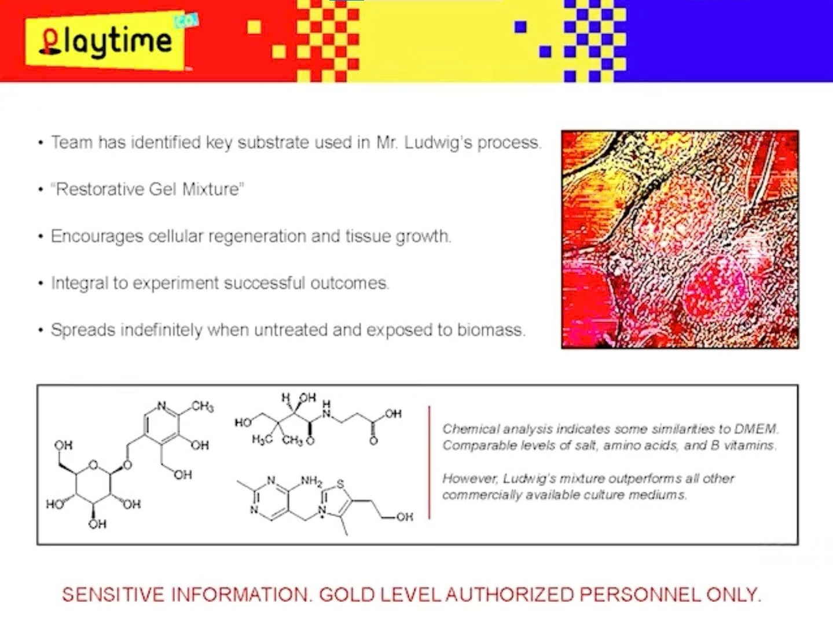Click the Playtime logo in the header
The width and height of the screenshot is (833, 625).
tap(106, 41)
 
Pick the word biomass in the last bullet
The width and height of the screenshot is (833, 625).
tap(491, 330)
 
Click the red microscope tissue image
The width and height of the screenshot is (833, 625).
tap(680, 240)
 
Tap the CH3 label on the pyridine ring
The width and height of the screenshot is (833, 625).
tap(202, 407)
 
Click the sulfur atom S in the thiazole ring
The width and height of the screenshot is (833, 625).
tap(340, 484)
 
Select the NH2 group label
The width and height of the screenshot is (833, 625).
tap(311, 481)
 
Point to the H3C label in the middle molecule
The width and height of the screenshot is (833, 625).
tap(262, 440)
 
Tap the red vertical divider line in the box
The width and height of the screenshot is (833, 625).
tap(429, 463)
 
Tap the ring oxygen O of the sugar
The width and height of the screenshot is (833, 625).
tap(93, 465)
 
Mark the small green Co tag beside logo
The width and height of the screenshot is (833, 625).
tap(186, 21)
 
